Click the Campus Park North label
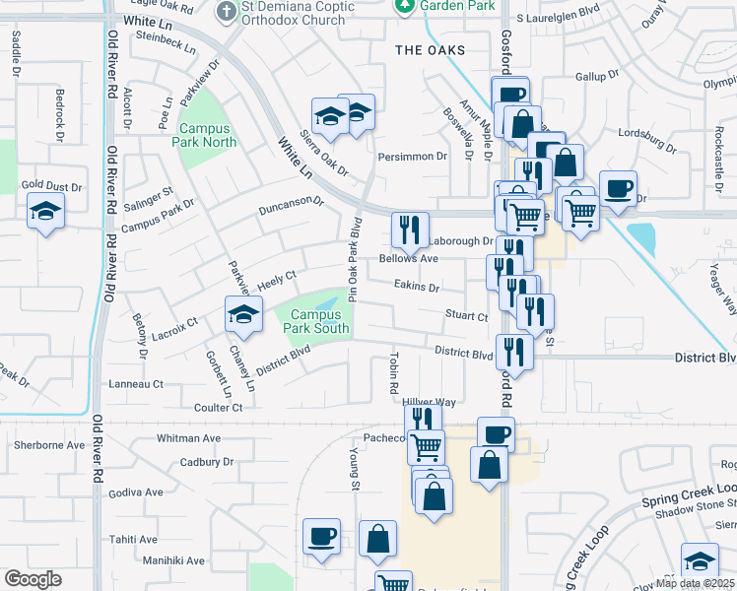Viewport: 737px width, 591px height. click(205, 135)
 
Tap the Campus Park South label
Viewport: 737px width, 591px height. click(313, 322)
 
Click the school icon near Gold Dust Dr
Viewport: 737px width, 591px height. click(45, 211)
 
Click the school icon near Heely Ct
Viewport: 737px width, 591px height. click(243, 314)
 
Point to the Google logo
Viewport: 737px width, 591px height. click(33, 579)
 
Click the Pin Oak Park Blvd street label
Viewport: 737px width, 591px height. click(352, 259)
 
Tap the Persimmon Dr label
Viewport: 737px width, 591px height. click(413, 156)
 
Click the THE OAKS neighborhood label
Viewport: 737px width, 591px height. click(429, 50)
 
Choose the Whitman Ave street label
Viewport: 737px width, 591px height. click(189, 437)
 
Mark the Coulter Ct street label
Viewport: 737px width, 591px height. click(218, 407)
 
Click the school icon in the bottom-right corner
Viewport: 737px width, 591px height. click(699, 561)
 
